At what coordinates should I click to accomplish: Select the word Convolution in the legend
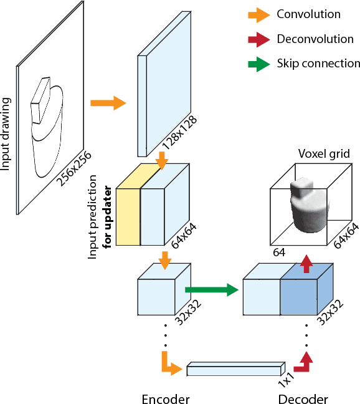308,14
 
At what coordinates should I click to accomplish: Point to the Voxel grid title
323,154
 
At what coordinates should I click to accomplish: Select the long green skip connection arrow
212,289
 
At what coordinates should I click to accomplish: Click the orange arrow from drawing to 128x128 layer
108,103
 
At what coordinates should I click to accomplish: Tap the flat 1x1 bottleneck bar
235,369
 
